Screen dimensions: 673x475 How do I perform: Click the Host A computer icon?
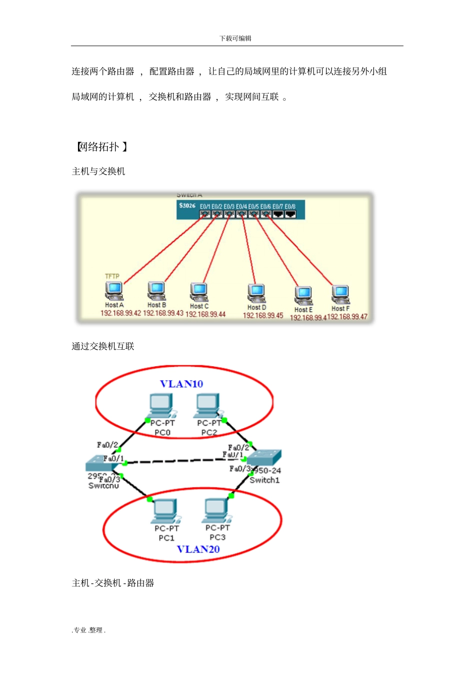[114, 290]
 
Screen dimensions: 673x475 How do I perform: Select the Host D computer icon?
[256, 293]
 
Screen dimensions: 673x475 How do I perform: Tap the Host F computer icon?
[340, 294]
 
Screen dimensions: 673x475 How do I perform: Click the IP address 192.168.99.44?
[205, 314]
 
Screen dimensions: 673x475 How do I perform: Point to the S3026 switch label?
[187, 206]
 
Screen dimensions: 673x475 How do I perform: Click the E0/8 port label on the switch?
[290, 206]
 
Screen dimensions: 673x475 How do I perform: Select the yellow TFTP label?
[112, 276]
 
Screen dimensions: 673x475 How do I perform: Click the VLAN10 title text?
[181, 384]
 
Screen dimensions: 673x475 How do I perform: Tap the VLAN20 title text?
[198, 549]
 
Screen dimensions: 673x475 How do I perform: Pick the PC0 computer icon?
[161, 405]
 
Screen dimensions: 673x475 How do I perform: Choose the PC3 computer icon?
[216, 510]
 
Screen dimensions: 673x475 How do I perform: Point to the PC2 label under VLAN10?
[209, 432]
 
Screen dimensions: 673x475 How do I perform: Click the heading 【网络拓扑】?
[101, 147]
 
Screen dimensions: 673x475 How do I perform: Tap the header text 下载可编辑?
[235, 39]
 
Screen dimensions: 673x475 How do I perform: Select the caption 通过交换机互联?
[102, 346]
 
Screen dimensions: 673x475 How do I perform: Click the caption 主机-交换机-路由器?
[113, 583]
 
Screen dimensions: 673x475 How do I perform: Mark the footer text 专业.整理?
[89, 630]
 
